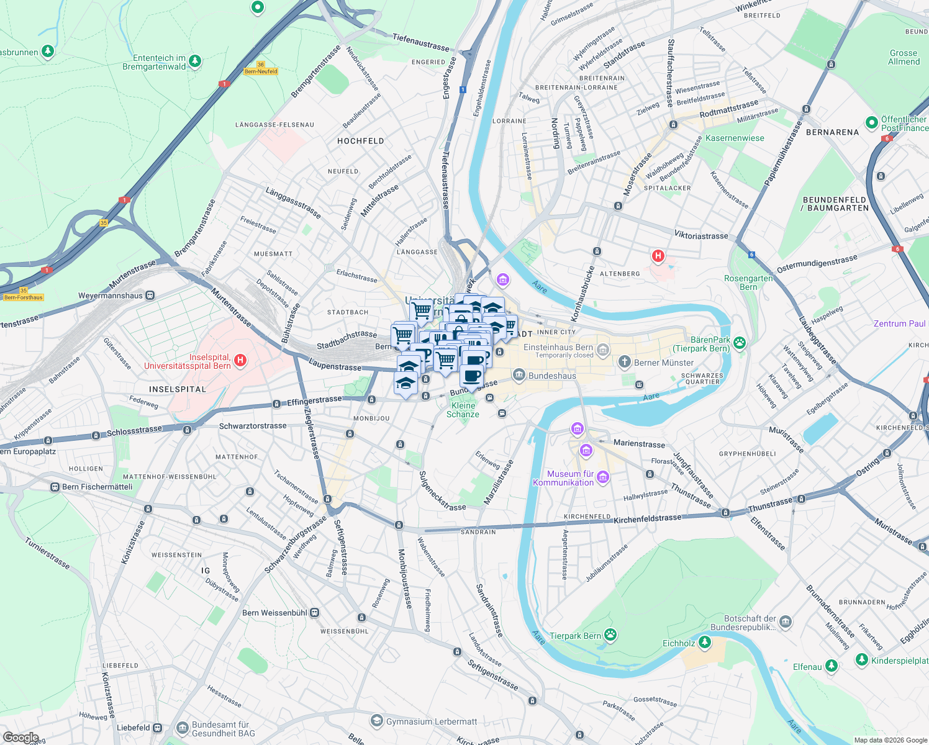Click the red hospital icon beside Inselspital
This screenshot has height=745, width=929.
pyautogui.click(x=240, y=360)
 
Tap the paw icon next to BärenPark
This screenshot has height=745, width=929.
pyautogui.click(x=739, y=343)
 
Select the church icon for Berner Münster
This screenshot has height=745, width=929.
pyautogui.click(x=624, y=362)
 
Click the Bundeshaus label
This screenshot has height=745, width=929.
pyautogui.click(x=552, y=376)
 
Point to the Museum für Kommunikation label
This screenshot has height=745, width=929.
pyautogui.click(x=563, y=478)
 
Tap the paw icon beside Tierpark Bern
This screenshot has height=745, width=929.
pyautogui.click(x=611, y=634)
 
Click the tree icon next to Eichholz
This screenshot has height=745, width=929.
pyautogui.click(x=704, y=642)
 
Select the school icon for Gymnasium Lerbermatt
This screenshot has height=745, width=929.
pyautogui.click(x=376, y=721)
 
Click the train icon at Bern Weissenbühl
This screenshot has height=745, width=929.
pyautogui.click(x=315, y=613)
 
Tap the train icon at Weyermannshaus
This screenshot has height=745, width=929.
pyautogui.click(x=150, y=296)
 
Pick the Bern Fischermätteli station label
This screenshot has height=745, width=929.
pyautogui.click(x=97, y=487)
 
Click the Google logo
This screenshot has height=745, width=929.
pyautogui.click(x=20, y=737)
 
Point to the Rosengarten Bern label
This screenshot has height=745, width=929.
pyautogui.click(x=748, y=282)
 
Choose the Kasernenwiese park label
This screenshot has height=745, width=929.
pyautogui.click(x=735, y=138)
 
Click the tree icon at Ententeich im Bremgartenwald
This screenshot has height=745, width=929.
pyautogui.click(x=195, y=61)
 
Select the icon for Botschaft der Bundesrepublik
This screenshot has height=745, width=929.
pyautogui.click(x=786, y=622)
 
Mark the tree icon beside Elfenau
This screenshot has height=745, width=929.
pyautogui.click(x=832, y=666)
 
